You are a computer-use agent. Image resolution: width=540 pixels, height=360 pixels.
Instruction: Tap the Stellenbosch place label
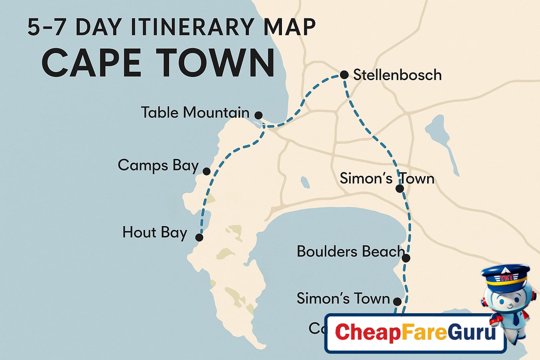397,75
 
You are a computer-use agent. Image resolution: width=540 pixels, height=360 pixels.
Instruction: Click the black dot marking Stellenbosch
344,75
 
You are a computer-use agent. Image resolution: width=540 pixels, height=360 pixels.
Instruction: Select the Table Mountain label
195,112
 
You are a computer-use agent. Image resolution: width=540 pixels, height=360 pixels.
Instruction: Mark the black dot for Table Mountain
258,115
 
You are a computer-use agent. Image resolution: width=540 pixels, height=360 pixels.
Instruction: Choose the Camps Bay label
158,165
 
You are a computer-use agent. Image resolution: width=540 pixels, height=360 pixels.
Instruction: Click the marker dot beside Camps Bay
207,171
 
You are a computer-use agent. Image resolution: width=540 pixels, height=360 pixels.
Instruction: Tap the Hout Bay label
155,232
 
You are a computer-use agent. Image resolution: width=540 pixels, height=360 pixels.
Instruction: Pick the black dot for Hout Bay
199,237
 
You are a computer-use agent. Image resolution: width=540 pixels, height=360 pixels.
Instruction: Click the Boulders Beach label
351,251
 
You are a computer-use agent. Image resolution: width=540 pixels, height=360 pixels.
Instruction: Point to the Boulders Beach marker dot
406,258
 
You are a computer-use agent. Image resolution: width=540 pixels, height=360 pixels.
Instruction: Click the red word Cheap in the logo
367,332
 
